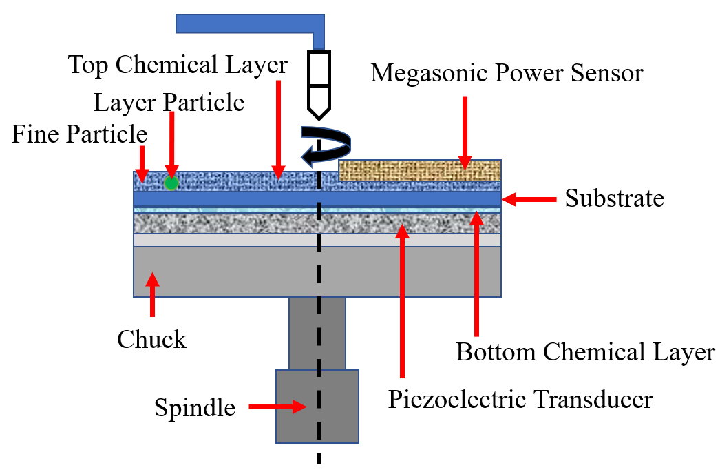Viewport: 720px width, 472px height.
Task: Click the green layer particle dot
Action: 171,183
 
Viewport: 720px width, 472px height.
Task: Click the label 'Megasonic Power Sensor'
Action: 507,73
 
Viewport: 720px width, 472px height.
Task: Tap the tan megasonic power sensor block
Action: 419,170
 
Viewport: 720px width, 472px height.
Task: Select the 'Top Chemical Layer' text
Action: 178,65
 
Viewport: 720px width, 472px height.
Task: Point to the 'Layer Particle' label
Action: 169,103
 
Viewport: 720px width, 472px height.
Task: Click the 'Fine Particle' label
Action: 79,134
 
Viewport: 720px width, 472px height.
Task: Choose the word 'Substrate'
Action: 614,198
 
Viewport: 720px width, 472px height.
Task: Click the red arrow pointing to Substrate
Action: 529,199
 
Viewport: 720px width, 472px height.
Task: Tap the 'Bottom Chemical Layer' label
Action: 586,352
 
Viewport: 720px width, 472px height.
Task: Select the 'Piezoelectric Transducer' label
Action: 520,399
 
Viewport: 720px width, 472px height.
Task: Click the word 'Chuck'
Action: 151,340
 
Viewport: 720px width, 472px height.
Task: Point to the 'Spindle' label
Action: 194,407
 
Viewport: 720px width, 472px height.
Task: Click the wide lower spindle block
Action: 317,406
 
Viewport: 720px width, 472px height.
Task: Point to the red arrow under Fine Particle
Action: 141,164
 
